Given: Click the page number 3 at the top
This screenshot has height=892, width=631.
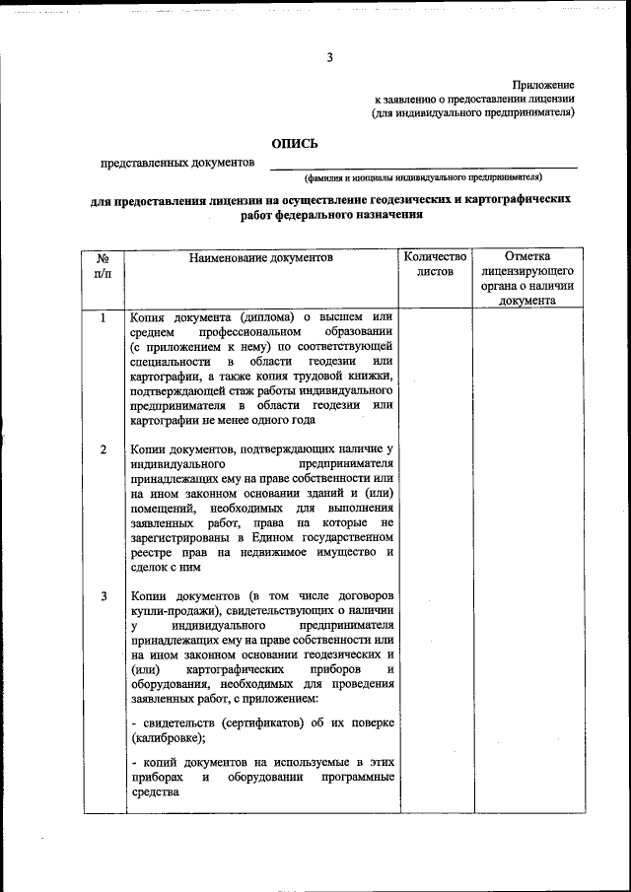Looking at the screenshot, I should point(330,57).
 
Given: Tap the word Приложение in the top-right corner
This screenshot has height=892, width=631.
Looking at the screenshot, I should point(544,87).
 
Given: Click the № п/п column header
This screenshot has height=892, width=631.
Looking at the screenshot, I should point(103,264).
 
